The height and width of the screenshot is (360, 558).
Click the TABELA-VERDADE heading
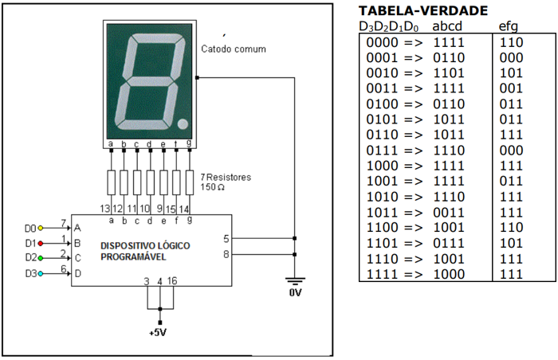point(422,10)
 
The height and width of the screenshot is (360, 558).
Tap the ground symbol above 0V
point(295,280)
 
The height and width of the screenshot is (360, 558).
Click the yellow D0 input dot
point(41,228)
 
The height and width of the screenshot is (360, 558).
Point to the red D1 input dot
point(41,243)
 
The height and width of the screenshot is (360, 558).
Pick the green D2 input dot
point(41,258)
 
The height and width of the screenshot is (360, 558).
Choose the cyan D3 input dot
point(41,274)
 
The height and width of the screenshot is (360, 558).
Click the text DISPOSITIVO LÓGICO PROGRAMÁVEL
point(145,251)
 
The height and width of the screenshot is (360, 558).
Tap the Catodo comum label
point(234,49)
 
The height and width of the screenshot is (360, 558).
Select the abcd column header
point(447,26)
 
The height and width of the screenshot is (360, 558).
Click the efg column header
point(509,26)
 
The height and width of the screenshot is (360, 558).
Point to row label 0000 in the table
point(381,41)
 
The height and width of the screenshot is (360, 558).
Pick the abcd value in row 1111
point(447,274)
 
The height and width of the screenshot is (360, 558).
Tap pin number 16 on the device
point(172,281)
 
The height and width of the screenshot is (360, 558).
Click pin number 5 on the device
point(226,238)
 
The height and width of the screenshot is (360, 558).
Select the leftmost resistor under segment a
point(111,182)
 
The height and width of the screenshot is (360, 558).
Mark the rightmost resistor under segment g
point(189,182)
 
